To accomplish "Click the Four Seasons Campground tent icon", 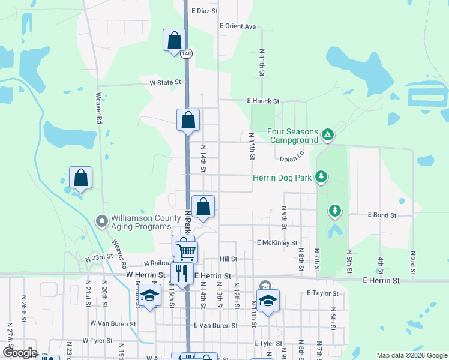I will point(327,133).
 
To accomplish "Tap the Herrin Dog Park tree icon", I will point(322,176).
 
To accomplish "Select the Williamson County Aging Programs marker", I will point(101,221).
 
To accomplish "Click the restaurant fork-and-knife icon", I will point(182,273).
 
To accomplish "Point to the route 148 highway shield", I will point(188,53).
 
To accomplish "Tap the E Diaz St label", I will point(204,11).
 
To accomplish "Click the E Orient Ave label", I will point(238,26).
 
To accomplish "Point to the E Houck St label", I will point(263,102).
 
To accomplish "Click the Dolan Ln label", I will point(293,159).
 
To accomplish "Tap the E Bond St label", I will point(382,215).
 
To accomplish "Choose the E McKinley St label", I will point(277,243).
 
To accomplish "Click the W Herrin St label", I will point(146,275).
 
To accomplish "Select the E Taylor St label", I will point(322,293).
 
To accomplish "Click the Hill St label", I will point(229,259).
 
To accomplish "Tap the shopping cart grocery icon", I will point(186,252).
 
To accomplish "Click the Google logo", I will point(19,353).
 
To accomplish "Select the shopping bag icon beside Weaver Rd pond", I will point(80,178).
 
